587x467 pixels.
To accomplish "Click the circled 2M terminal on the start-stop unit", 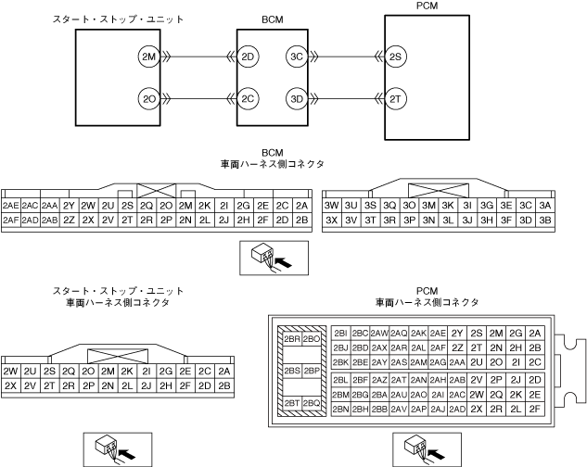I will click(147, 57).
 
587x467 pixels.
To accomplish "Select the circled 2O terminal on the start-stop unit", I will click(147, 97).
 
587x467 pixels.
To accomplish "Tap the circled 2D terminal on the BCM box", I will click(247, 57).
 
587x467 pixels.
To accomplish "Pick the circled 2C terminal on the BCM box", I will click(247, 97).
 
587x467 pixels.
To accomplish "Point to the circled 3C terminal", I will click(296, 57).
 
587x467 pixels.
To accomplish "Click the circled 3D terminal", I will click(296, 97).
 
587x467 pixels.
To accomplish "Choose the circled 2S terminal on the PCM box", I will click(395, 57).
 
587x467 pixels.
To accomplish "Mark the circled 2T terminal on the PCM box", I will click(395, 97).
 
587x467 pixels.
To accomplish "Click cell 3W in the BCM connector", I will click(331, 205).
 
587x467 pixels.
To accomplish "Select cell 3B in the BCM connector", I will click(545, 221).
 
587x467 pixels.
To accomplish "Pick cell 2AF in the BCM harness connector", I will click(11, 221).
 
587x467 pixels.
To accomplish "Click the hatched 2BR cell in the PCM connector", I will click(291, 339).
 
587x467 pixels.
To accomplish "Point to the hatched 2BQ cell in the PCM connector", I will click(312, 403).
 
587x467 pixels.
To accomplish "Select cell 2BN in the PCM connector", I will click(339, 409).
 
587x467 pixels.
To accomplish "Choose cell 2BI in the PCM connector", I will click(339, 332).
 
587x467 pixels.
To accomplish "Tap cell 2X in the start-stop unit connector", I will click(11, 385).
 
